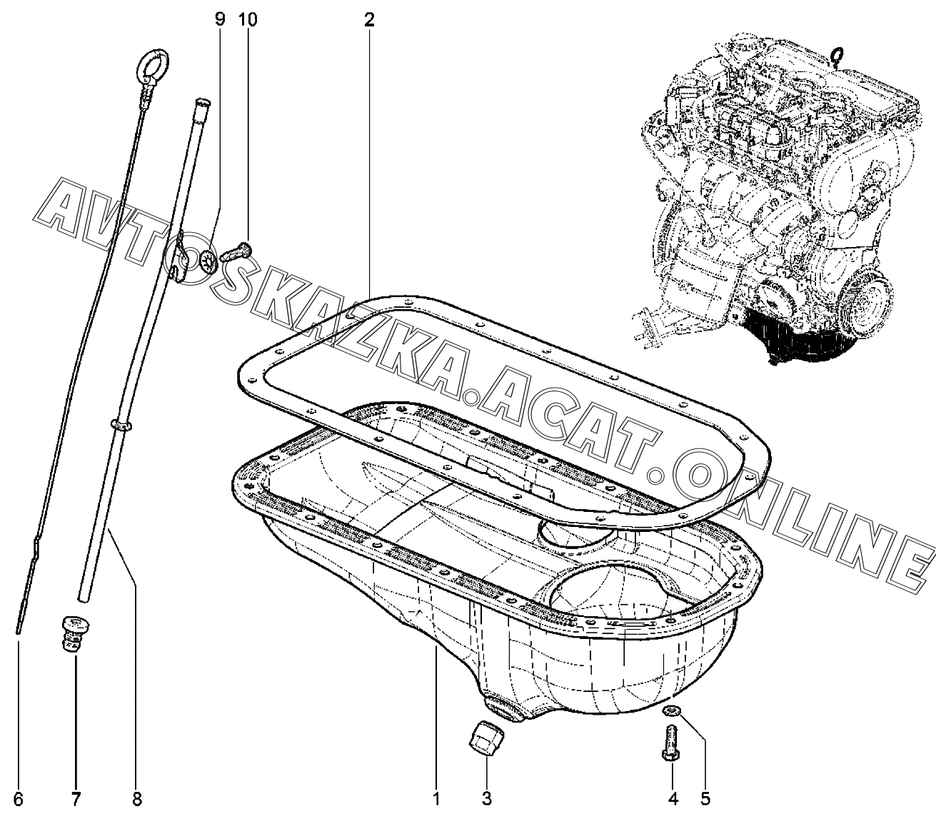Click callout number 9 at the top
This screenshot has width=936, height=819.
click(x=220, y=19)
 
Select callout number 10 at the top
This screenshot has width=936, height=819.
click(x=248, y=19)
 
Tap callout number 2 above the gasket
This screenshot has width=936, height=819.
click(x=369, y=19)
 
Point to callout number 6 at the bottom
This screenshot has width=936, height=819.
click(x=18, y=799)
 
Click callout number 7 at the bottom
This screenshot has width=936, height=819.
click(x=76, y=799)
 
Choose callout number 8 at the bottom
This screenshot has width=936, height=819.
click(x=137, y=799)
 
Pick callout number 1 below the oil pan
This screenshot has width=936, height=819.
click(x=436, y=799)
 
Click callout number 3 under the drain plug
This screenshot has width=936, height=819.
click(x=486, y=799)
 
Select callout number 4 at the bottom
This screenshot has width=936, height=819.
click(x=673, y=799)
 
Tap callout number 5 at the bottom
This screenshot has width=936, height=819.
click(x=705, y=799)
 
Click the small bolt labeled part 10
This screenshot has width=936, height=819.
click(x=238, y=252)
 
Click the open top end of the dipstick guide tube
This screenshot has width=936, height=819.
click(x=202, y=100)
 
